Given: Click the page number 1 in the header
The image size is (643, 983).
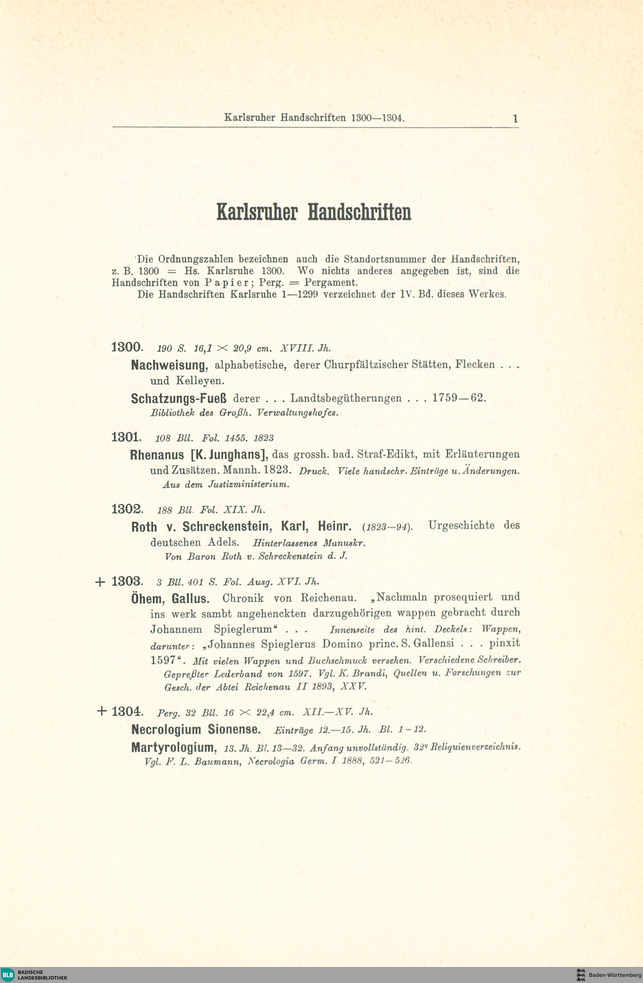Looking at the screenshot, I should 515,119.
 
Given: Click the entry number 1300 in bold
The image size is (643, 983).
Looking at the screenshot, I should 126,347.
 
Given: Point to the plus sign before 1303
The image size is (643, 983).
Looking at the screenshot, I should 100,582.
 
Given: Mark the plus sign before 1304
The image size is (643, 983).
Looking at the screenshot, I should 101,711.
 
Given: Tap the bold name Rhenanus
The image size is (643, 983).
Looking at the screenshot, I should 157,455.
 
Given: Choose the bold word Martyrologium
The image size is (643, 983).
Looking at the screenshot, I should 174,747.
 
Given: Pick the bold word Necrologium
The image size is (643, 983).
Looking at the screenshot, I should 167,729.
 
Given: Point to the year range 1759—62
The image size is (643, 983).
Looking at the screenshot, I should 459,398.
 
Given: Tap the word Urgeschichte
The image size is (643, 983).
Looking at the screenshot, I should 461,525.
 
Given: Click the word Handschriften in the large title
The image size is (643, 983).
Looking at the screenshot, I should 359,212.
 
